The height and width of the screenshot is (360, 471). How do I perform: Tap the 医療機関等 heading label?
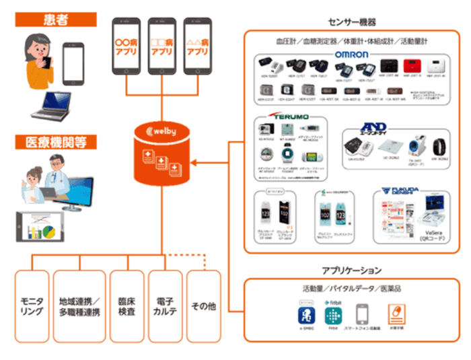pyautogui.click(x=52, y=142)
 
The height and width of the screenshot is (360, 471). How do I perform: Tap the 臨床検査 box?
pyautogui.click(x=126, y=306)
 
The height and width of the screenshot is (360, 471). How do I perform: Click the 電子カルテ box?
pyautogui.click(x=165, y=306)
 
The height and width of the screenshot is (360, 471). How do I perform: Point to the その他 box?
pyautogui.click(x=203, y=306)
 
